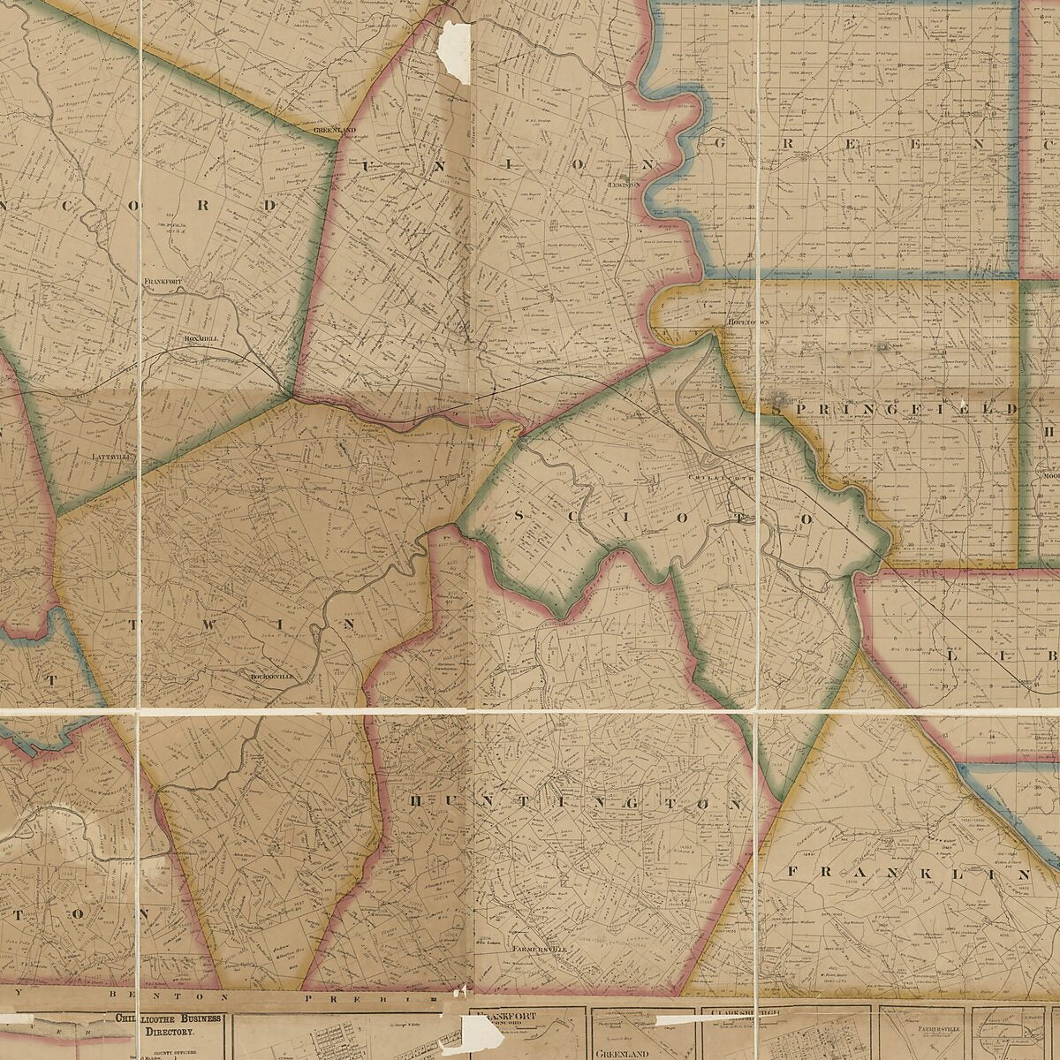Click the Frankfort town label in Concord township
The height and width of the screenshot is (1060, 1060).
(x=163, y=281)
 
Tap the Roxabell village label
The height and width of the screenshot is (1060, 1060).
(x=201, y=337)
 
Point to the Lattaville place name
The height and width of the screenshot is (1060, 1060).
(x=110, y=457)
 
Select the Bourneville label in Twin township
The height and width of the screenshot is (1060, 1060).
(x=270, y=676)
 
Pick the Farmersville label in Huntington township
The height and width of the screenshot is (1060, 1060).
(x=539, y=949)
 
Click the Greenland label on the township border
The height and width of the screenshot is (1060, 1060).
(x=334, y=130)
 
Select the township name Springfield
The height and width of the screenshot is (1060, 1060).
(x=894, y=409)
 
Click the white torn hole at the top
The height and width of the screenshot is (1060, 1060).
(x=456, y=51)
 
